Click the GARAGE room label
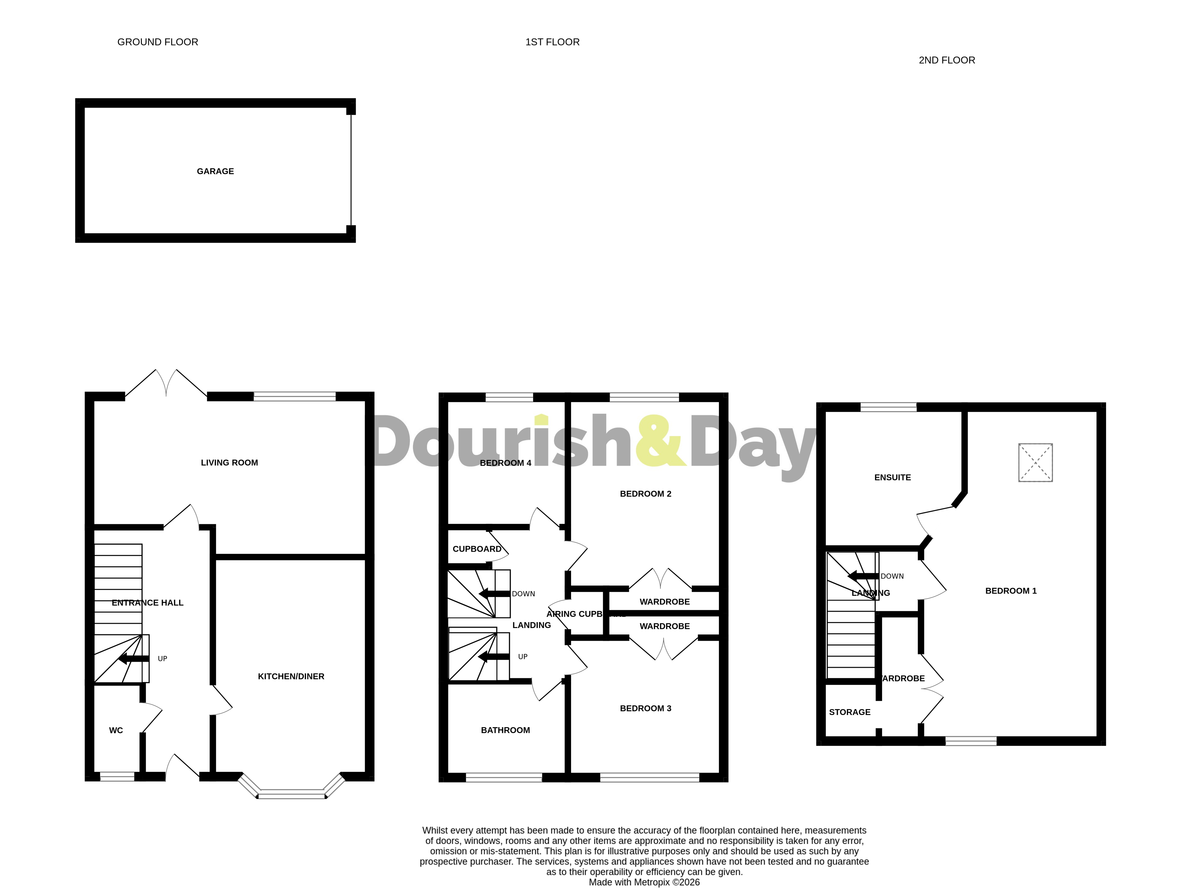pyautogui.click(x=215, y=171)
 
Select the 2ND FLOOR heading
pyautogui.click(x=947, y=60)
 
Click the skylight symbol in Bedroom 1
pyautogui.click(x=1035, y=462)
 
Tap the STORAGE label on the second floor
pyautogui.click(x=850, y=712)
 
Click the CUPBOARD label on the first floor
pyautogui.click(x=477, y=549)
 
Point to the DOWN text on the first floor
pyautogui.click(x=523, y=594)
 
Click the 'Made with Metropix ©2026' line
pyautogui.click(x=644, y=882)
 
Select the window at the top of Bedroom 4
pyautogui.click(x=509, y=397)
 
